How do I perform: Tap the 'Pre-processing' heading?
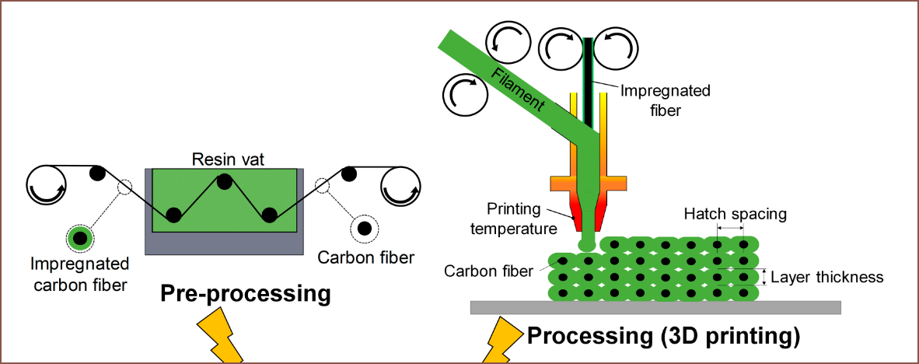coord(245,294)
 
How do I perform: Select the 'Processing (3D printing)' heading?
coord(664,336)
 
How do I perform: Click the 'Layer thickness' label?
coord(827,277)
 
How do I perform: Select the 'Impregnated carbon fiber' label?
coord(79,274)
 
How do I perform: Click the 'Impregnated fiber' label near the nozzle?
coord(665,100)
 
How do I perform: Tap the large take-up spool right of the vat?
coord(400,187)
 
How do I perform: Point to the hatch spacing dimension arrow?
coord(730,228)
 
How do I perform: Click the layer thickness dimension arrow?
coord(764,277)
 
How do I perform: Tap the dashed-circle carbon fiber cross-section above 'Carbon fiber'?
coord(363,228)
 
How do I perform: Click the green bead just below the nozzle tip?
coord(587,244)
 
